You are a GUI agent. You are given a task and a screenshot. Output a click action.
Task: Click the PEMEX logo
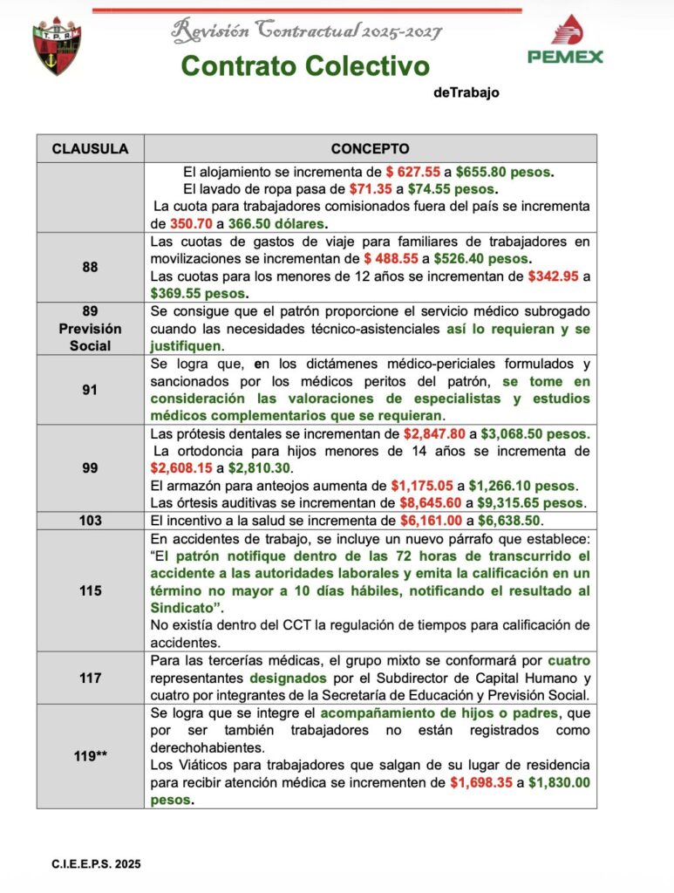(x=565, y=40)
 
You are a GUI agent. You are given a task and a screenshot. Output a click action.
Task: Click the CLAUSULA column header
(x=90, y=149)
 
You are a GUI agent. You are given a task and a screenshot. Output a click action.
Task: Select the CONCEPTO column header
(x=370, y=149)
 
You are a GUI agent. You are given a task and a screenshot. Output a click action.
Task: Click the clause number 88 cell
(x=90, y=267)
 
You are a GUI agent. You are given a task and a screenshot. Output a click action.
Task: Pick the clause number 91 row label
(x=90, y=390)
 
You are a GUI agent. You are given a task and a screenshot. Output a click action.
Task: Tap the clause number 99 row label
(x=90, y=468)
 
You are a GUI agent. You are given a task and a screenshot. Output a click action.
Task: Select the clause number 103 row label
(x=90, y=521)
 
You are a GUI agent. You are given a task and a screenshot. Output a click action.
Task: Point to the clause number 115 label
(x=90, y=590)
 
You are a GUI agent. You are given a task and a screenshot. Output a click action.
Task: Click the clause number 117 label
(x=90, y=678)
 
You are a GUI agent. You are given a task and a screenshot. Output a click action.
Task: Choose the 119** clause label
(x=90, y=756)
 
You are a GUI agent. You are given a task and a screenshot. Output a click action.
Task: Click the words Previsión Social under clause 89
(x=90, y=337)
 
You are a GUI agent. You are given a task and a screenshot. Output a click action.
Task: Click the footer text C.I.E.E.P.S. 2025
(x=96, y=864)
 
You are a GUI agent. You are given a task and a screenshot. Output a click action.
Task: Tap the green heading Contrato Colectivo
(x=305, y=65)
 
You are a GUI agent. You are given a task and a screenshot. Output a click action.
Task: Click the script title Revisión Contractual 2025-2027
(x=307, y=32)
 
